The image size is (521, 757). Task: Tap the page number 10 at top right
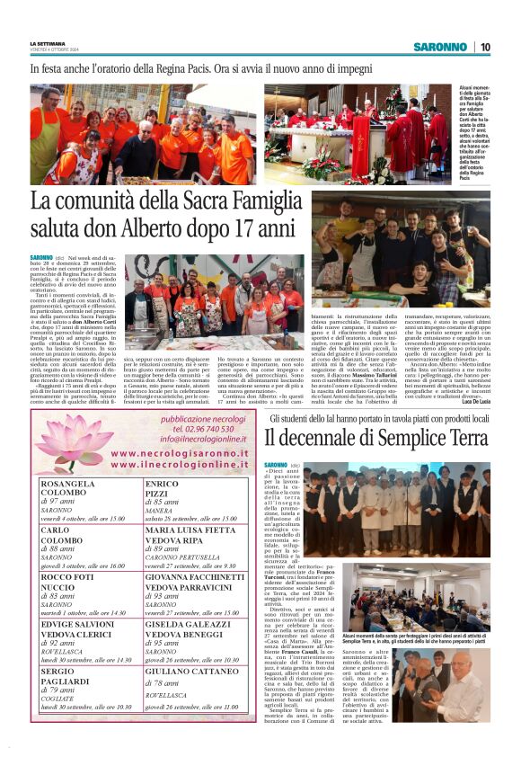484,47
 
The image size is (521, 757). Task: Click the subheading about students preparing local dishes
380,419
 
